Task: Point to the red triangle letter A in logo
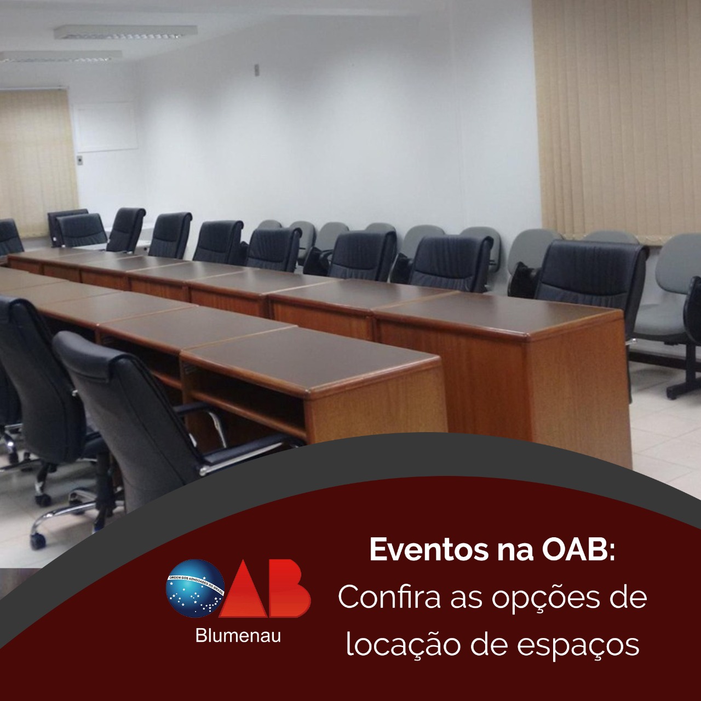tap(244, 589)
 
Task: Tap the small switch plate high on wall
tap(257, 70)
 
